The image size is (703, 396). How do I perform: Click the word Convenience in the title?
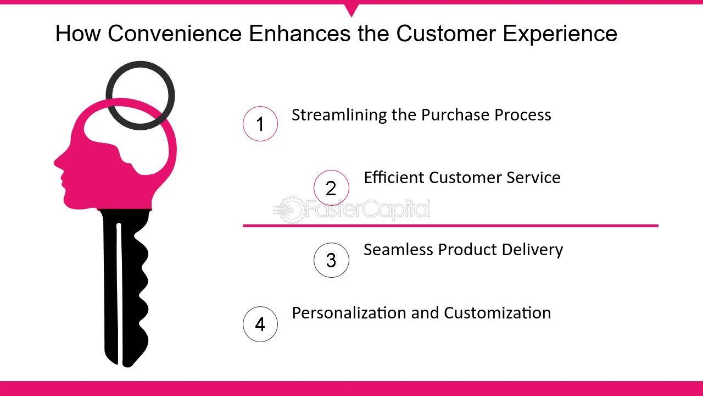point(175,34)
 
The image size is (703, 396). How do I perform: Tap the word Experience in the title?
point(560,34)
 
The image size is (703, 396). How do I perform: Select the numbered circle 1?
point(260,124)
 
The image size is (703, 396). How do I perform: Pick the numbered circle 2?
point(331,188)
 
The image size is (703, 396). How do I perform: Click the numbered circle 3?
point(331,260)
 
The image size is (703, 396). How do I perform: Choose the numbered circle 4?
point(260,324)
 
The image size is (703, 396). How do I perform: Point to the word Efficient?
point(394,177)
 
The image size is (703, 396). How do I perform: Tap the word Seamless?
point(398,250)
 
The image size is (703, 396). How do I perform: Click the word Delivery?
point(532,250)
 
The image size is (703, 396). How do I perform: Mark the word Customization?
point(498,313)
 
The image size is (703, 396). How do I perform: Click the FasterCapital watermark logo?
point(352,210)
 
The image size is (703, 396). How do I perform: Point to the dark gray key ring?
point(140,63)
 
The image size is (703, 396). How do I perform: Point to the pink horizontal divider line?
point(451,226)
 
